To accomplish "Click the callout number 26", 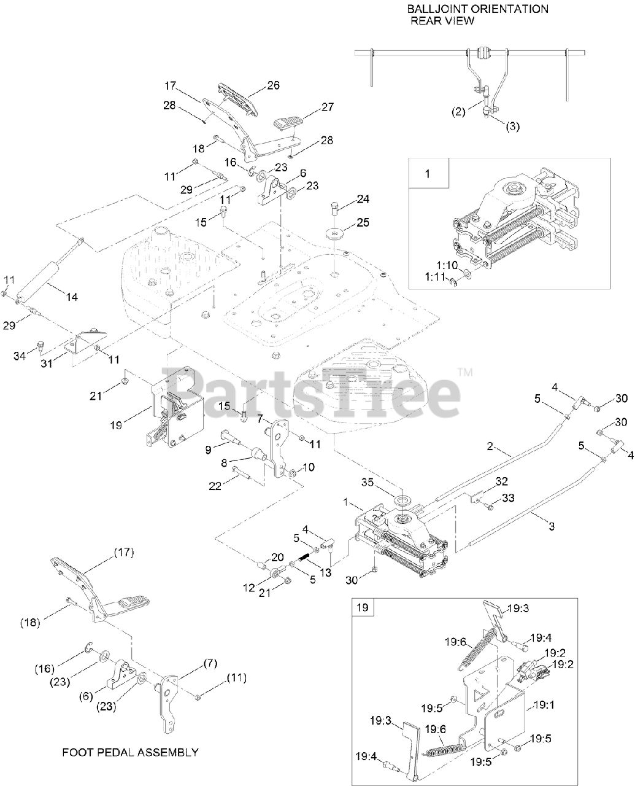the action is (x=272, y=85).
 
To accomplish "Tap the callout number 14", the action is (x=72, y=297).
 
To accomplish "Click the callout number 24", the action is (x=363, y=199).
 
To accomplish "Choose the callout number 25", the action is (x=363, y=222).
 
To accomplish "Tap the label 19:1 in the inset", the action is (x=544, y=705).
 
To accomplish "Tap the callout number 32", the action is (x=502, y=481).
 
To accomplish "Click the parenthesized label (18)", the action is (x=30, y=622).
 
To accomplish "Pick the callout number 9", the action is (x=209, y=449).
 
